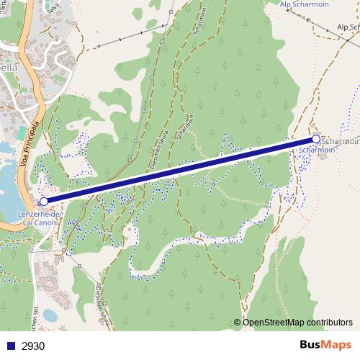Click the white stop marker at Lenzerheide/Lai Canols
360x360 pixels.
point(44,202)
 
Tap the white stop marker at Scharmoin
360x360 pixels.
point(315,139)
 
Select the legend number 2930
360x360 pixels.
point(33,346)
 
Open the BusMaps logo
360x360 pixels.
point(325,345)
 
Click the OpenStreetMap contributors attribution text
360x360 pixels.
point(297,322)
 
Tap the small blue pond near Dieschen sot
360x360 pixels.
point(49,315)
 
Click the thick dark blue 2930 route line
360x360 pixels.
point(180,170)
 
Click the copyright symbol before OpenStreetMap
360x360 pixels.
point(237,322)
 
